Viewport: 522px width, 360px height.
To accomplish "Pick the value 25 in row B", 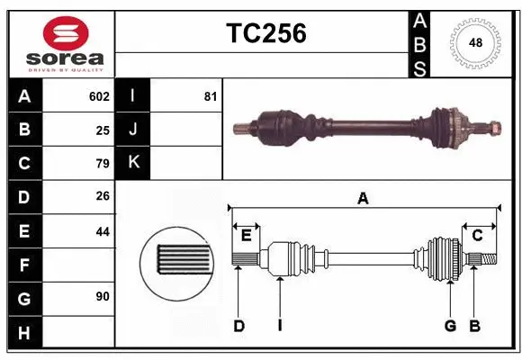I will [103, 130].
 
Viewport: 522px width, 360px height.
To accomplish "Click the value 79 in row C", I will [103, 164].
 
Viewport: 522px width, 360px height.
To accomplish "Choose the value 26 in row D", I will [103, 197].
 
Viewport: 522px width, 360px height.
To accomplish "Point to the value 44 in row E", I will [103, 231].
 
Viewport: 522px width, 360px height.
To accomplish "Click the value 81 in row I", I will [210, 96].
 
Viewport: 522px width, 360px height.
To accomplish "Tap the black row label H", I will [24, 333].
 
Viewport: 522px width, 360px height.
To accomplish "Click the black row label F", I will [24, 265].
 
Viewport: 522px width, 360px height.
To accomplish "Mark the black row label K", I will [133, 164].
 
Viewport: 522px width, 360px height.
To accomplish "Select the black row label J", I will [133, 130].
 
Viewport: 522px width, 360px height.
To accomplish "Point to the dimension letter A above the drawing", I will [363, 199].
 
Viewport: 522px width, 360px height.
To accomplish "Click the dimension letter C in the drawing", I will [478, 236].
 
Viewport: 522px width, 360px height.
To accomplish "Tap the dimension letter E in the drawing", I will [246, 236].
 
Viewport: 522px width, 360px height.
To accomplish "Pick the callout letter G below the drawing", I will [450, 326].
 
